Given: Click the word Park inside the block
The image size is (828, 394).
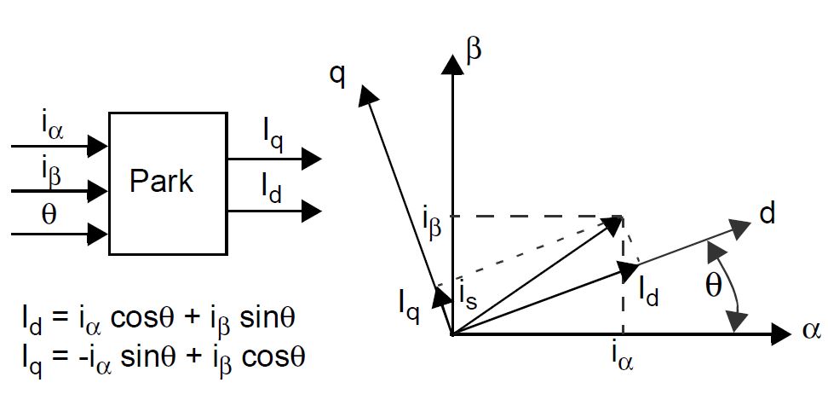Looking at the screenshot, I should pos(162,182).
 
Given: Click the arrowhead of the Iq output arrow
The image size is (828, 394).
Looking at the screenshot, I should pos(312,159).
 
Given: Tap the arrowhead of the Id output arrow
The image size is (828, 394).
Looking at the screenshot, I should pos(312,209).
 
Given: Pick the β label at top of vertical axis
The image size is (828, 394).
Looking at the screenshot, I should pos(474,49).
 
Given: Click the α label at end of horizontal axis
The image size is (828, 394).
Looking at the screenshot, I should pos(810,332).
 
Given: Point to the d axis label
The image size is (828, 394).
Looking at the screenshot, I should pos(768,214).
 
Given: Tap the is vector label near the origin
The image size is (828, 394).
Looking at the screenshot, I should pos(467,297).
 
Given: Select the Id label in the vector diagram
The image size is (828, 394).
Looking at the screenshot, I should pos(649,290).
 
